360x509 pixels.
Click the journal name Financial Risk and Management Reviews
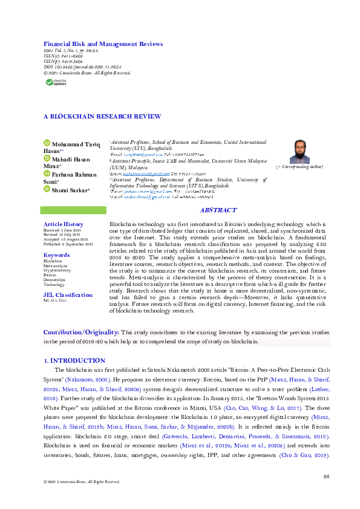pos(103,44)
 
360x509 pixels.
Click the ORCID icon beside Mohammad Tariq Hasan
pos(47,143)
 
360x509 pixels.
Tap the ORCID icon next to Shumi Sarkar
pos(47,189)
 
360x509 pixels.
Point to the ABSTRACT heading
pos(218,210)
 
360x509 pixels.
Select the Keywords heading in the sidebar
pos(57,255)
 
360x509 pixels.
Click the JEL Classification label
pos(68,294)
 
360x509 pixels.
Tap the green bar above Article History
pos(70,210)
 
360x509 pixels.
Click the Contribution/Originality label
pos(81,332)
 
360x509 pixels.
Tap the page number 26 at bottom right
pos(326,476)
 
